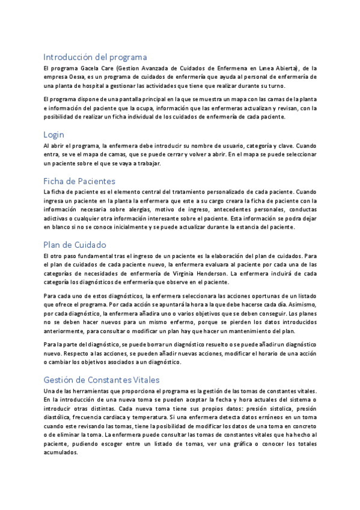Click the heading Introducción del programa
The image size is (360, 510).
point(95,57)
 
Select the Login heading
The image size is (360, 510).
point(53,135)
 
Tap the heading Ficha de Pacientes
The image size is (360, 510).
point(79,180)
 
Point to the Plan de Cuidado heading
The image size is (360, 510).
point(75,244)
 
